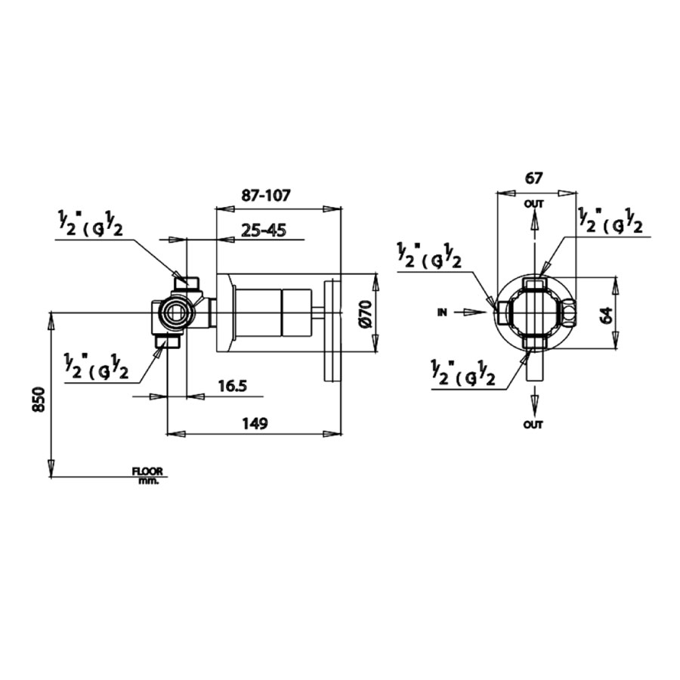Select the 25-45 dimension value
coord(264,230)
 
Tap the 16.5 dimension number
coord(232,386)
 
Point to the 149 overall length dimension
coord(255,423)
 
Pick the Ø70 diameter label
coord(366,312)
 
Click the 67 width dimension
coord(534,179)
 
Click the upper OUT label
coord(534,204)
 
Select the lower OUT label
coord(533,425)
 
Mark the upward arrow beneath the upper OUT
coord(534,224)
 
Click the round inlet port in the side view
coord(177,312)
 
